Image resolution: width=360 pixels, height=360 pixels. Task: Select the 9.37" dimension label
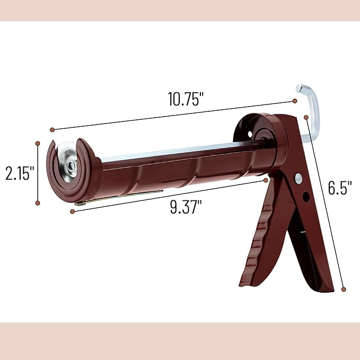pyautogui.click(x=186, y=207)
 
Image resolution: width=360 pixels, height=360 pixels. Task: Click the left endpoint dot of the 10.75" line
pyautogui.click(x=52, y=129)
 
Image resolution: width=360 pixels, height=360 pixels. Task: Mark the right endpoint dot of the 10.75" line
pyautogui.click(x=295, y=101)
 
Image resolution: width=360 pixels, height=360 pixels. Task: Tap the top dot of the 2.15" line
pyautogui.click(x=38, y=143)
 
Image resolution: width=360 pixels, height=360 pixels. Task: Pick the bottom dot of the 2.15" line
pyautogui.click(x=38, y=203)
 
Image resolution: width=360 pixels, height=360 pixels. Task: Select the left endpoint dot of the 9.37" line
pyautogui.click(x=72, y=211)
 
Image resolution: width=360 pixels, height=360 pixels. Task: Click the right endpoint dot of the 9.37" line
pyautogui.click(x=266, y=180)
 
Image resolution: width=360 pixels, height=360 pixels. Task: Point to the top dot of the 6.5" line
pyautogui.click(x=306, y=117)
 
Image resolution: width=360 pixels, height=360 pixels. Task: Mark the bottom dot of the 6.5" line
pyautogui.click(x=344, y=289)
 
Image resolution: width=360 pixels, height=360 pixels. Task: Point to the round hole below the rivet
pyautogui.click(x=306, y=197)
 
